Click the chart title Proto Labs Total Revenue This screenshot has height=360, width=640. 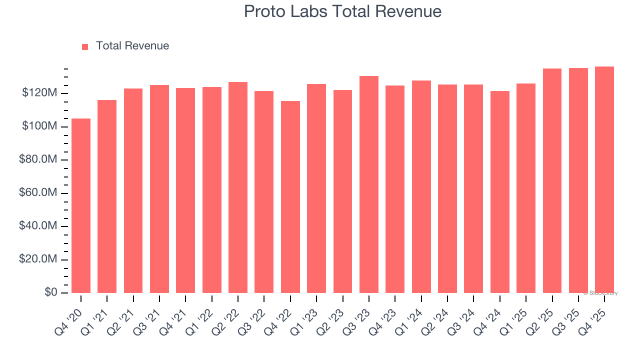click(x=342, y=11)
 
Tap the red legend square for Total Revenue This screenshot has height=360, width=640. click(x=85, y=46)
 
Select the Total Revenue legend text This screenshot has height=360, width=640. click(x=132, y=46)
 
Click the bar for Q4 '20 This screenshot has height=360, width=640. click(x=81, y=205)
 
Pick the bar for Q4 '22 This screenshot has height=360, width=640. click(x=290, y=197)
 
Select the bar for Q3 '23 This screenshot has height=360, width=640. click(x=369, y=184)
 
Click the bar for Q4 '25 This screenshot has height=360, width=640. click(x=604, y=180)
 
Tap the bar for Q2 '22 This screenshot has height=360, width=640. click(x=238, y=187)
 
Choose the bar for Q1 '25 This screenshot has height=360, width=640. click(x=525, y=188)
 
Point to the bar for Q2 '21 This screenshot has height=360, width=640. click(x=133, y=190)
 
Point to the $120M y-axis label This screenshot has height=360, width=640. click(x=39, y=93)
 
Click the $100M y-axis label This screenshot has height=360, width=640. click(x=39, y=126)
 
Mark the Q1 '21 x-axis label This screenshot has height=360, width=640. click(x=100, y=315)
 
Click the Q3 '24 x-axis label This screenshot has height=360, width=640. click(x=466, y=315)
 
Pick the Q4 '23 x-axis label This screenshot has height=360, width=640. click(x=388, y=315)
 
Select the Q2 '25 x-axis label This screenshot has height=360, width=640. click(x=544, y=315)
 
